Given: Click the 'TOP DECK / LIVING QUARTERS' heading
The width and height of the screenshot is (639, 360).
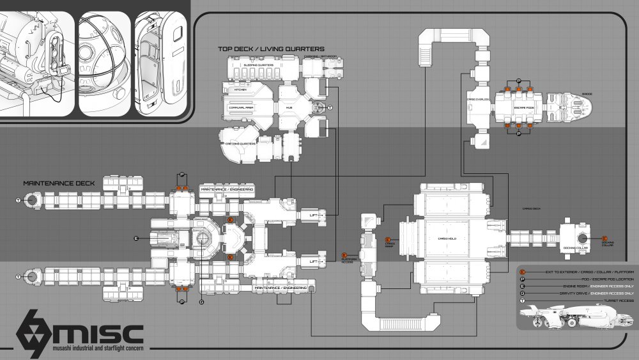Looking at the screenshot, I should point(271,49).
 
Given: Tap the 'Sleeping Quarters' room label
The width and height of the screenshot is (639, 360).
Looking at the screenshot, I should point(258,65).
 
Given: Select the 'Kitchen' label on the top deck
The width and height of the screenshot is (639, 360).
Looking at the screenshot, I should point(241,90).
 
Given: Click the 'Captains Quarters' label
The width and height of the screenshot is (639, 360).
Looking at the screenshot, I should point(240,144).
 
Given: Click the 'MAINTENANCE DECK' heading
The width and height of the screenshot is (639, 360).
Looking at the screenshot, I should point(59,183).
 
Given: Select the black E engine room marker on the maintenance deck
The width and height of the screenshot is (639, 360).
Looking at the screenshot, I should point(136,238).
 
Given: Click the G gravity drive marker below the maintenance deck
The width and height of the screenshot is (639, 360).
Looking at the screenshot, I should point(201,301).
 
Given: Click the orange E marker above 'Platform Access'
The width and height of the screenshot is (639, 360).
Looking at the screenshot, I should point(346,255).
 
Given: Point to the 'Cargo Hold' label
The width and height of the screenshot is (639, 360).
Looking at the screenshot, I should point(447,238).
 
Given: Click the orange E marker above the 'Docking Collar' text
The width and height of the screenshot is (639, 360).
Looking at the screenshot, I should point(604,238).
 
